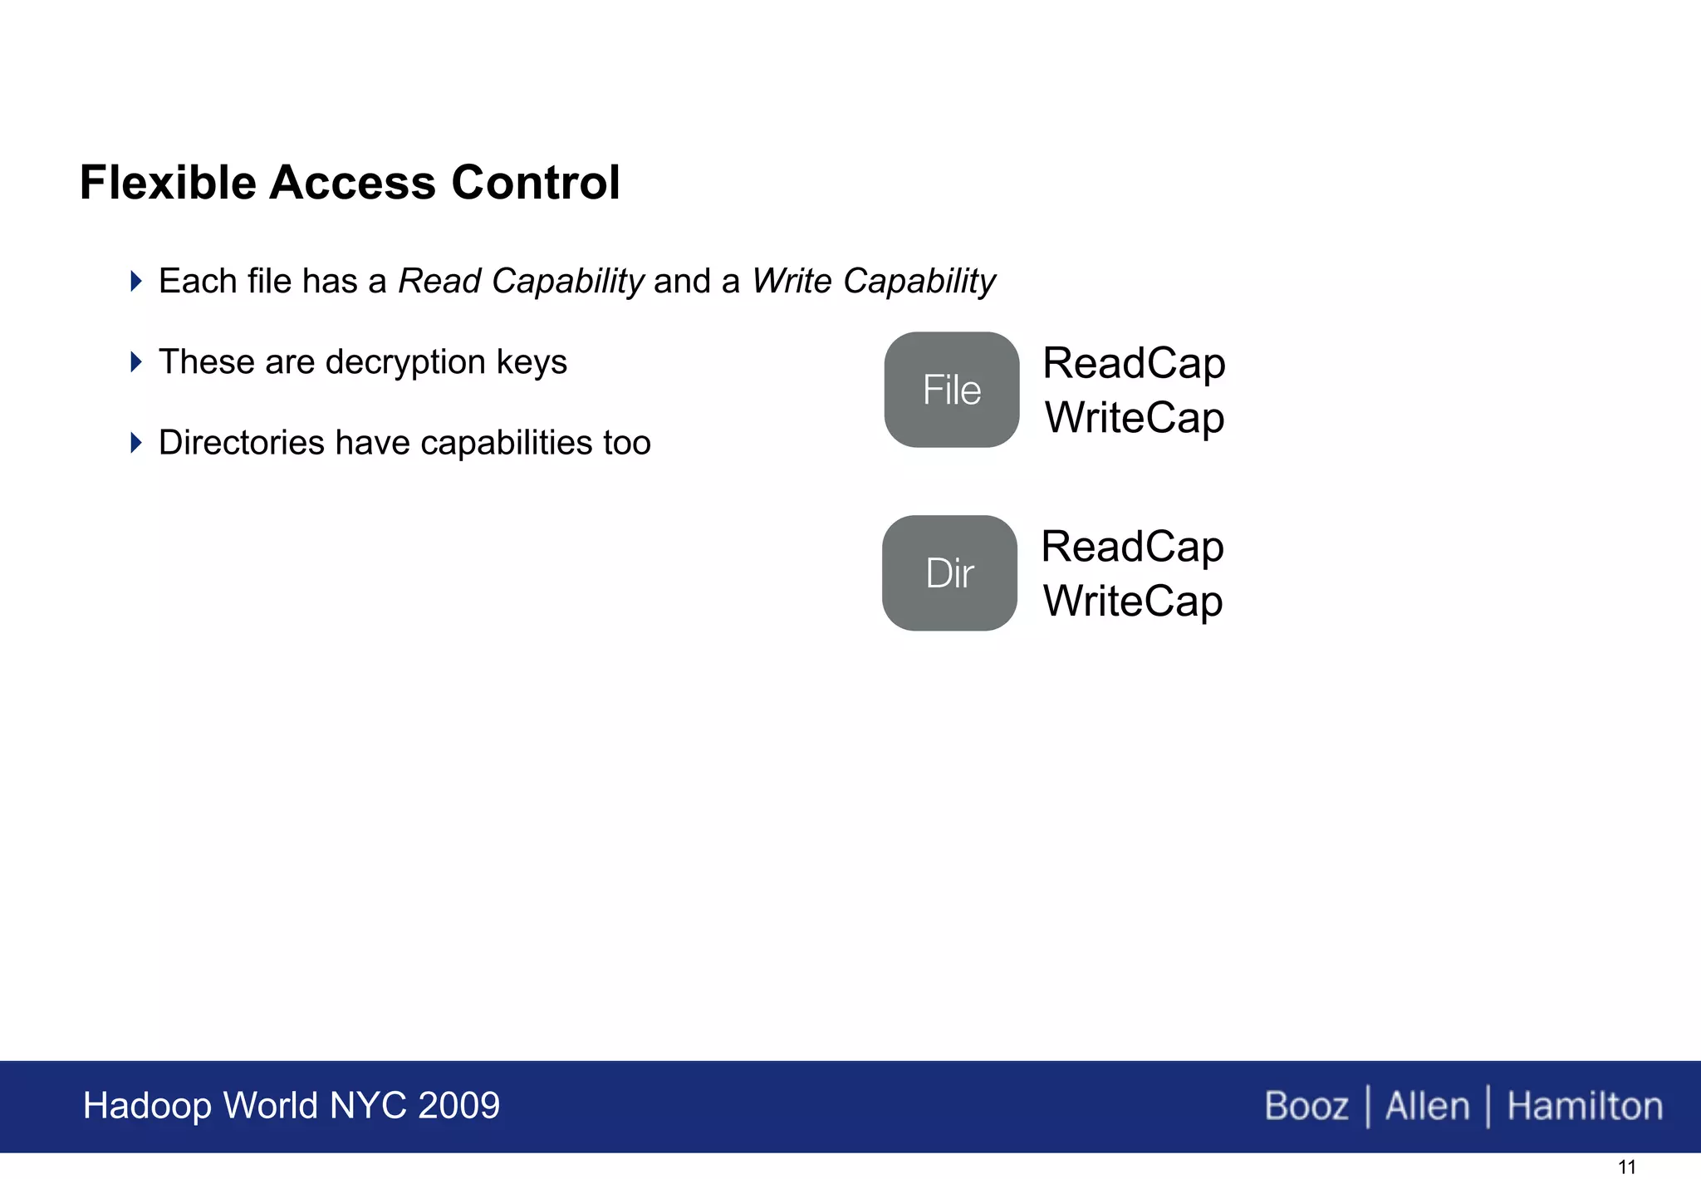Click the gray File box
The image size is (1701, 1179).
click(x=951, y=390)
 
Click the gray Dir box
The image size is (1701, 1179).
click(x=949, y=573)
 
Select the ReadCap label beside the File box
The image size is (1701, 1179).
click(x=1134, y=364)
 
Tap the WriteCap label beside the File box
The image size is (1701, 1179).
click(x=1134, y=418)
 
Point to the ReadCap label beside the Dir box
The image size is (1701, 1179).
click(x=1132, y=548)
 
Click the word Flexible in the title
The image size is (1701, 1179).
click(x=168, y=183)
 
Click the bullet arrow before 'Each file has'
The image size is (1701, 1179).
click(x=137, y=281)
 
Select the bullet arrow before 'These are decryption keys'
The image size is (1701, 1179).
click(x=137, y=361)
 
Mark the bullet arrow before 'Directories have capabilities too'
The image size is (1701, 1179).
click(x=137, y=442)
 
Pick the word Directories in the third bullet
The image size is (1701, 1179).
click(x=242, y=443)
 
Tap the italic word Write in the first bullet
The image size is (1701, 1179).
click(x=792, y=282)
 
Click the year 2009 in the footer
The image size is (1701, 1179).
click(x=458, y=1106)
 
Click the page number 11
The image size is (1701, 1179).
click(x=1626, y=1167)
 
